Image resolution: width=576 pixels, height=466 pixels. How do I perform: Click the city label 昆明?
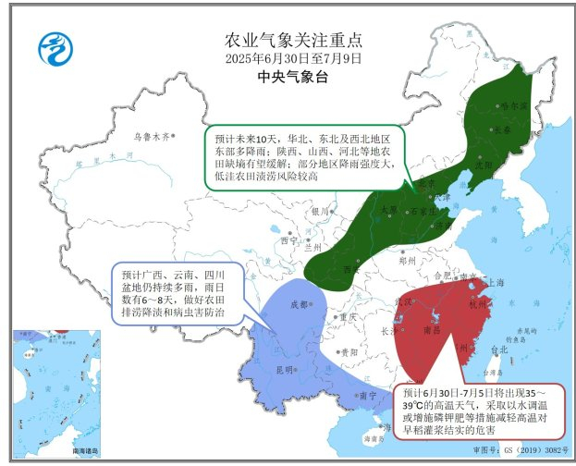(282, 370)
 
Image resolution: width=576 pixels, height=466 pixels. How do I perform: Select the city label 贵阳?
(347, 352)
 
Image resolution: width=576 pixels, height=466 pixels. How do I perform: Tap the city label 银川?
(320, 211)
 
